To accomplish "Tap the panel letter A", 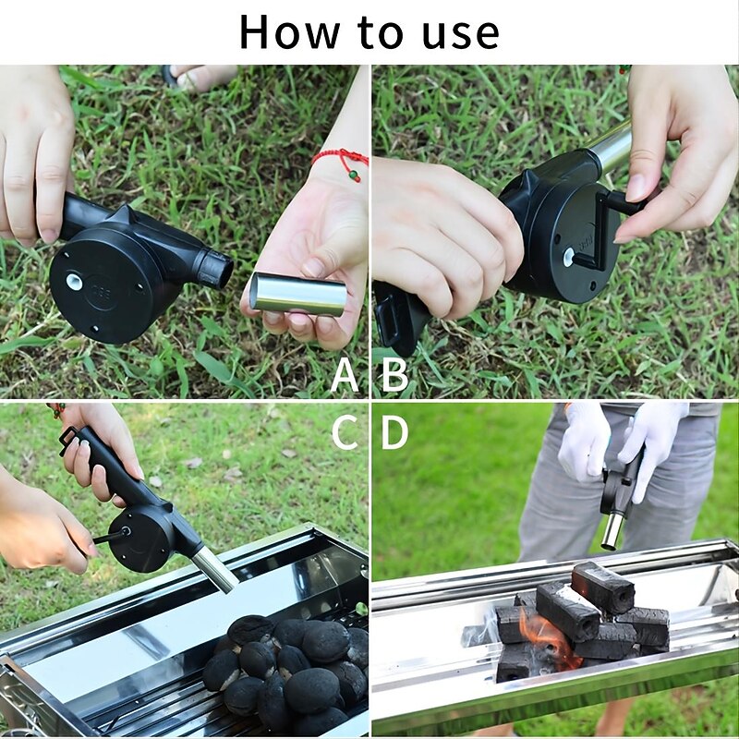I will tap(345, 375).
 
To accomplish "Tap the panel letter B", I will tap(394, 375).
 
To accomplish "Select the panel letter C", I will tap(345, 430).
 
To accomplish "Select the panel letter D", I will tap(394, 430).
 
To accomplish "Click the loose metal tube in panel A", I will tap(297, 295).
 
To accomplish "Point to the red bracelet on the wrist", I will tap(341, 158).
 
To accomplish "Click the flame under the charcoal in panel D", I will tap(545, 637).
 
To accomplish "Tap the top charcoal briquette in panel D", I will tap(602, 588).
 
